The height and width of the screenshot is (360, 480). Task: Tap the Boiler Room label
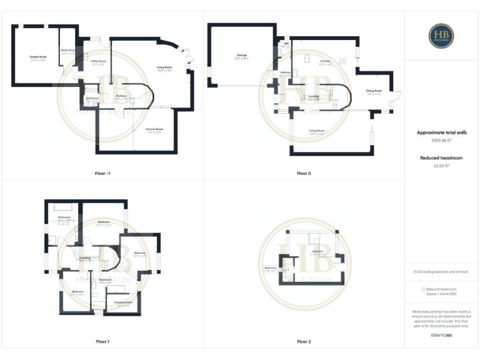pos(68,51)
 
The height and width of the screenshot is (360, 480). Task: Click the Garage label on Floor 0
pos(241,56)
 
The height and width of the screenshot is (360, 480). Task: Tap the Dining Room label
pos(374,91)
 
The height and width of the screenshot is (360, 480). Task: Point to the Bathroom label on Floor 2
pos(271,269)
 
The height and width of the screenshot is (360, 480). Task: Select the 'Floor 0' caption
pos(304,172)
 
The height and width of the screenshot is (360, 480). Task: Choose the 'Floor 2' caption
pos(304,342)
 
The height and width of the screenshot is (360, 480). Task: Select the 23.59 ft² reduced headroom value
pos(441,166)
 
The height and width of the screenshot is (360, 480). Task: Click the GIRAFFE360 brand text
pos(441,336)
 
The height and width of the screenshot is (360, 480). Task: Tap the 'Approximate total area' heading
pos(441,133)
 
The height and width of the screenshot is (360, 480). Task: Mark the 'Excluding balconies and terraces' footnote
pos(441,271)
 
